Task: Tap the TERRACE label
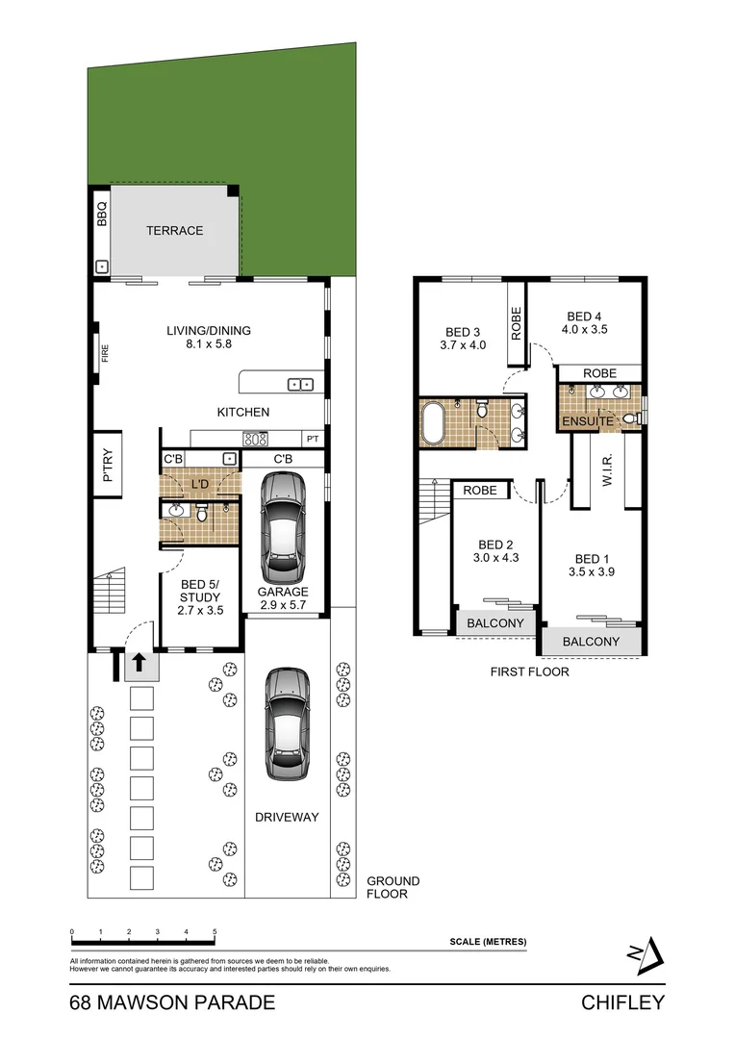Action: (174, 231)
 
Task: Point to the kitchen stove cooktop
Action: (255, 439)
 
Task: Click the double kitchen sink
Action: (300, 385)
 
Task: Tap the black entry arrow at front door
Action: (139, 662)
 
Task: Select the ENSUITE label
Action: (586, 421)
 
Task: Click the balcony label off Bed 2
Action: (494, 623)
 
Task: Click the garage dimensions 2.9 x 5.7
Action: (283, 606)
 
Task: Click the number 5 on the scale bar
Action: (215, 931)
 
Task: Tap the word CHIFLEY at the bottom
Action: (622, 1003)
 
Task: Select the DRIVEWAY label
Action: (287, 817)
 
